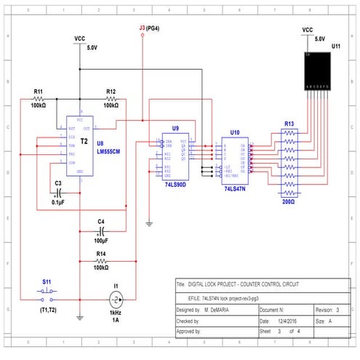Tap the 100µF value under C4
[x=101, y=239]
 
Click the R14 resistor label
[x=101, y=253]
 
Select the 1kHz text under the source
[x=115, y=313]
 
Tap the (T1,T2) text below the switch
[x=48, y=308]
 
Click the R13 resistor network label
[x=288, y=124]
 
